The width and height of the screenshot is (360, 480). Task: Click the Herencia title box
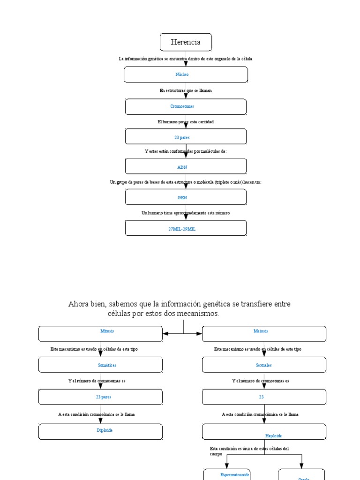(x=186, y=42)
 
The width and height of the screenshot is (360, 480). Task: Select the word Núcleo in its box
(x=182, y=75)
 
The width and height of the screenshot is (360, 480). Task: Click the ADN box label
(x=182, y=167)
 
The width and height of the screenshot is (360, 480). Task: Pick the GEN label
(x=182, y=198)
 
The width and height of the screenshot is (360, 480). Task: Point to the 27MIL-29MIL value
(x=182, y=229)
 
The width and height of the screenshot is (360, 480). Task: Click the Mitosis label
(x=107, y=331)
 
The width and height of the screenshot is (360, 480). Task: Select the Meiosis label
(x=261, y=331)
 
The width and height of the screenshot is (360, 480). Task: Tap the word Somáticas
(x=108, y=365)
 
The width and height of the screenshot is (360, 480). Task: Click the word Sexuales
(x=264, y=365)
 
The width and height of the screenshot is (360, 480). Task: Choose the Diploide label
(x=105, y=430)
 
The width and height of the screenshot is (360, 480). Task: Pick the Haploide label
(x=273, y=436)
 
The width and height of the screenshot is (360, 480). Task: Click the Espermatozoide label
(x=235, y=475)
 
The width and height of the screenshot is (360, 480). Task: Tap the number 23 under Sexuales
(x=261, y=397)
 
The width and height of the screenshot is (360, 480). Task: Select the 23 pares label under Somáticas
(x=104, y=397)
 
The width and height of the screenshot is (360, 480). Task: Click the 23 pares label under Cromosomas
(x=182, y=137)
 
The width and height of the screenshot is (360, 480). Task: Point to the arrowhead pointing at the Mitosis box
(x=166, y=334)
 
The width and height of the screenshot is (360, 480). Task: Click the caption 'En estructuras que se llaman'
(x=186, y=90)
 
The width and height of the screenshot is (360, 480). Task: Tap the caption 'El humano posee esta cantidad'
(x=186, y=122)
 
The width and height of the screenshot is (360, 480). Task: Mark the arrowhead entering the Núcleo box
(x=186, y=64)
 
